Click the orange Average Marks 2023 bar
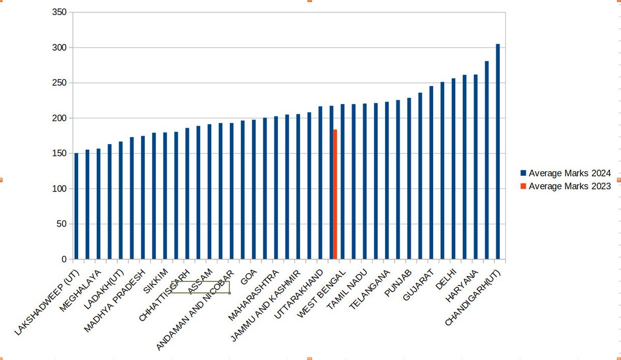pyautogui.click(x=335, y=194)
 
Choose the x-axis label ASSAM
pyautogui.click(x=201, y=282)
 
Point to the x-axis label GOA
pyautogui.click(x=249, y=277)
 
